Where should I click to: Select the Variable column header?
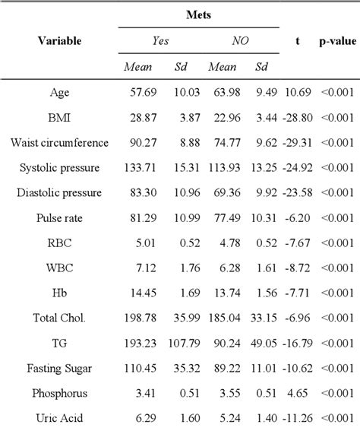click(x=59, y=40)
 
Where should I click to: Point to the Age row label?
click(x=59, y=93)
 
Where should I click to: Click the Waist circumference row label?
click(x=59, y=142)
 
